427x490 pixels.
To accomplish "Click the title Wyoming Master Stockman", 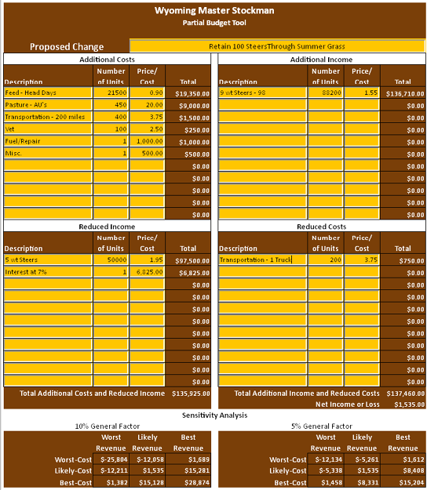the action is (213, 11).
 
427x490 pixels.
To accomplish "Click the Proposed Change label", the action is (67, 47).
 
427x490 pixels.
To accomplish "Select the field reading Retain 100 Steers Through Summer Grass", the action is (276, 46).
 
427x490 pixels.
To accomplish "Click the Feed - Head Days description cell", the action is (47, 93).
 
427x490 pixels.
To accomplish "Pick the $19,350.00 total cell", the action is (188, 93).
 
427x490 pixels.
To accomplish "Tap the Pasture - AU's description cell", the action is (47, 105).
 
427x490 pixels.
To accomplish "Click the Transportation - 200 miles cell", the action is (47, 118).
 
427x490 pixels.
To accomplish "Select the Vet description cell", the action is (47, 129).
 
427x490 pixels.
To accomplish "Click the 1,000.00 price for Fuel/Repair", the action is (147, 142).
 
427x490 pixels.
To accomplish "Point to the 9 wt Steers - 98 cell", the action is (261, 93).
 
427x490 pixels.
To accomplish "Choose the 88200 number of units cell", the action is (325, 93).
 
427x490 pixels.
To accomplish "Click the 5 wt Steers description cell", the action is (47, 260).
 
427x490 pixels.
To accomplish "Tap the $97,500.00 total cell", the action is (188, 260).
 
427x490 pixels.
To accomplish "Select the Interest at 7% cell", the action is (47, 273).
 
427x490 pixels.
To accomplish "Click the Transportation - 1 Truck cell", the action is (261, 260).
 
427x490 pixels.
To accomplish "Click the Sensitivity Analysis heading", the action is (214, 415).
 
